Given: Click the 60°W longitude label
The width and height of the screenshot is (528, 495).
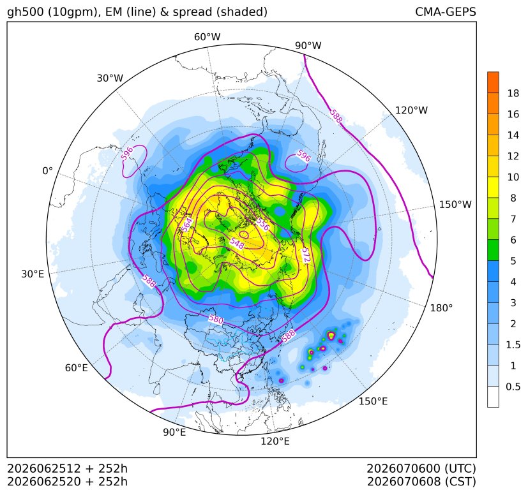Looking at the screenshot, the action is (207, 37).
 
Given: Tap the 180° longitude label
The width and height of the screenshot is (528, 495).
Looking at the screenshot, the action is (441, 307).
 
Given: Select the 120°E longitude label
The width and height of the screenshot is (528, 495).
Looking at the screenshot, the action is (275, 441).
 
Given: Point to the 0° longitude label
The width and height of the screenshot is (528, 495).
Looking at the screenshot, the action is (48, 171).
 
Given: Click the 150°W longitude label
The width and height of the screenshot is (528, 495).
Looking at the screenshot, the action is (455, 205).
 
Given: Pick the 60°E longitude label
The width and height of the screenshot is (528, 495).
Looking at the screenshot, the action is (77, 368).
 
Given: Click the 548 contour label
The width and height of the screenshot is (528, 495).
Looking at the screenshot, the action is (237, 243).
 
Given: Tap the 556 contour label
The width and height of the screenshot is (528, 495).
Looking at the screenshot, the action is (262, 225).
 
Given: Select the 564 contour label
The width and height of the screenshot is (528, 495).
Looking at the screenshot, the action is (187, 225).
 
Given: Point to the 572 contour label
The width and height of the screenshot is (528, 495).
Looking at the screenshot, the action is (305, 255).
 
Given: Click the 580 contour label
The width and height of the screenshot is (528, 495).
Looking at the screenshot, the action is (216, 320).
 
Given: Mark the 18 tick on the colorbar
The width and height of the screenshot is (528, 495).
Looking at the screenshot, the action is (513, 93).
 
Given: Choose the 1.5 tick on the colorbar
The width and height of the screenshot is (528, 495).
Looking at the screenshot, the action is (513, 344).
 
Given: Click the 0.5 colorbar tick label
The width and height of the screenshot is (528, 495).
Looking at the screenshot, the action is (513, 387).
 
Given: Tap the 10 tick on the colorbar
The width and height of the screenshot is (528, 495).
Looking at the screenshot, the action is (513, 177).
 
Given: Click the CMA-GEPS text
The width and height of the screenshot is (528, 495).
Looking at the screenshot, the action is (446, 11).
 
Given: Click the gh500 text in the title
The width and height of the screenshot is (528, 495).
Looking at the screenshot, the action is (26, 13).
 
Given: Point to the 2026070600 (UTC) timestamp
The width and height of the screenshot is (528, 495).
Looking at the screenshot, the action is (421, 468).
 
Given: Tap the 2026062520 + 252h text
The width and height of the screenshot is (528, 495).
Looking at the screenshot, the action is (67, 482).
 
